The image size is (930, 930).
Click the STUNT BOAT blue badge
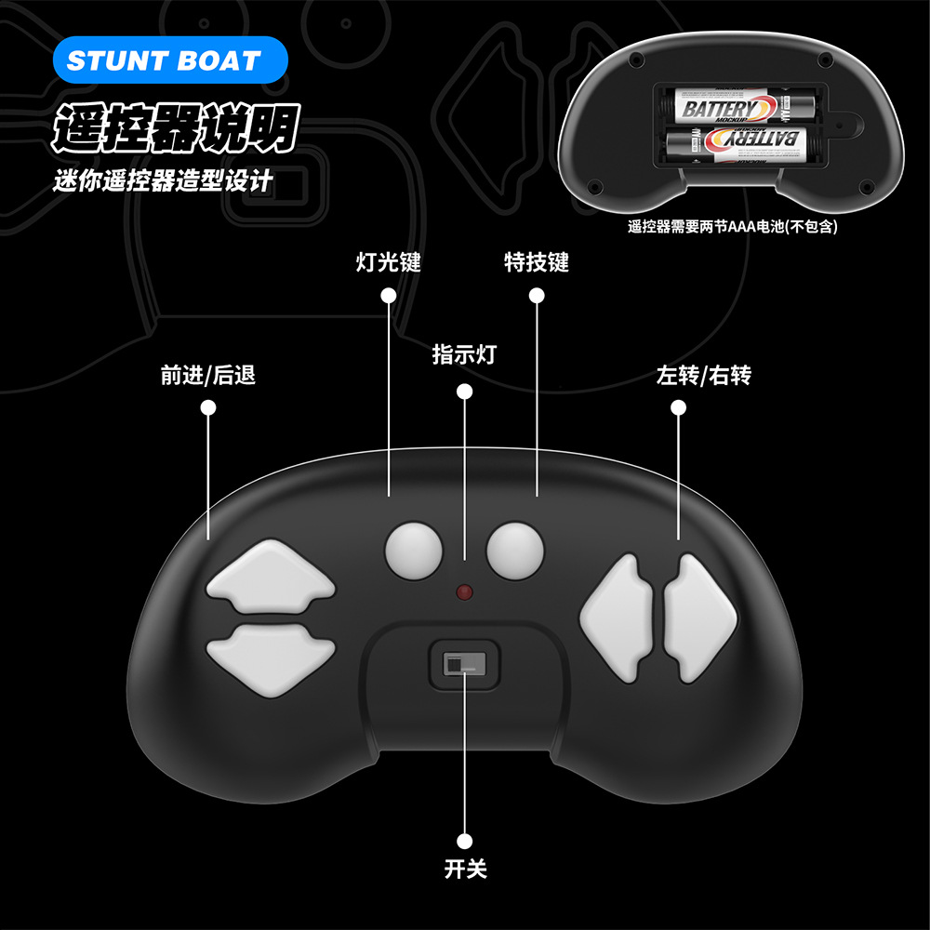[x=164, y=61]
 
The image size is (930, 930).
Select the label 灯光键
[x=389, y=262]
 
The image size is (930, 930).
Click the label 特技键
[x=536, y=262]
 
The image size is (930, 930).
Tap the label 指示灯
[x=464, y=354]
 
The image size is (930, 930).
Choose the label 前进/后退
[x=208, y=376]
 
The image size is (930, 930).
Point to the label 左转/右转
[x=703, y=376]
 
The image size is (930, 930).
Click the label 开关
[x=465, y=870]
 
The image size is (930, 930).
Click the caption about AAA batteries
[x=733, y=226]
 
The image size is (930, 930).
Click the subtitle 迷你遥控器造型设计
[x=164, y=179]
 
